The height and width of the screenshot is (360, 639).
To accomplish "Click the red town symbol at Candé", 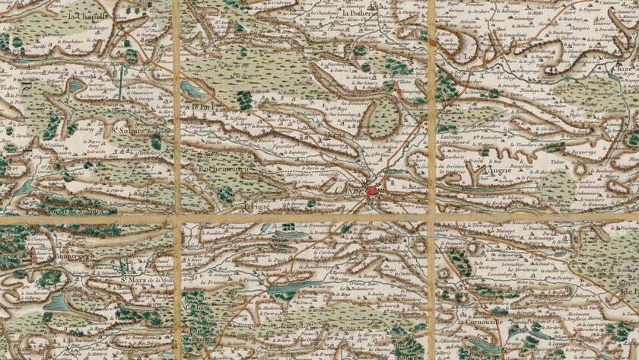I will click(372, 191).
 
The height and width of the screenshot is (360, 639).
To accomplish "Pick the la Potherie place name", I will click(359, 14).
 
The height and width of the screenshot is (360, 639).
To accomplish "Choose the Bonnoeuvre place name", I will click(72, 256).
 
